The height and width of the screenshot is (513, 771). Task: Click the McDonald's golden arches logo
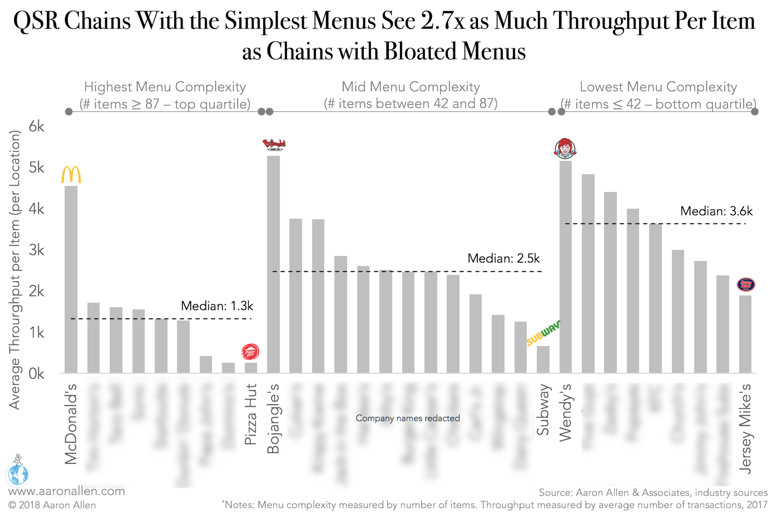click(x=71, y=175)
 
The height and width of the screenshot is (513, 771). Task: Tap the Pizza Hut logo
click(x=250, y=352)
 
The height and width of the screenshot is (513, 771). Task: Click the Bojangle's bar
click(x=273, y=264)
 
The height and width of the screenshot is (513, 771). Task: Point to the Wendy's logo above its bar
click(x=565, y=149)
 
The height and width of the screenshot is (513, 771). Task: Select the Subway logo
click(x=543, y=333)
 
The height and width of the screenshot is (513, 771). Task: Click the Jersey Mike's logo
click(x=745, y=284)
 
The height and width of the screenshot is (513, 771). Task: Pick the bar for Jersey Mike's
click(x=745, y=334)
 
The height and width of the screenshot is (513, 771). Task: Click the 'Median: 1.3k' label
click(x=217, y=306)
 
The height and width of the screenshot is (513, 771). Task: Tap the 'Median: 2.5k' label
click(x=503, y=259)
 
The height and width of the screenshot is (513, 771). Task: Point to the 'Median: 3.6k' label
click(x=716, y=211)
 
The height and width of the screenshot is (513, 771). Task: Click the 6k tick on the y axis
click(x=36, y=127)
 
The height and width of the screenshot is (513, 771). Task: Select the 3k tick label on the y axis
click(x=36, y=250)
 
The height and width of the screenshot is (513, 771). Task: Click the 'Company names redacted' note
click(x=408, y=418)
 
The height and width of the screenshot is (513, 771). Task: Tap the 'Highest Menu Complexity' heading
click(x=165, y=87)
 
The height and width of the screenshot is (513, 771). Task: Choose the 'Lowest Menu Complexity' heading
click(x=658, y=87)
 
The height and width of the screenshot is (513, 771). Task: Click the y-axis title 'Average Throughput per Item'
click(x=14, y=270)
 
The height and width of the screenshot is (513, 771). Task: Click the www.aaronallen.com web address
click(x=67, y=491)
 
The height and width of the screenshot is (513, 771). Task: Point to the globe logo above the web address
click(x=17, y=471)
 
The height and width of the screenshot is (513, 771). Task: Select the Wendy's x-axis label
click(x=565, y=412)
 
